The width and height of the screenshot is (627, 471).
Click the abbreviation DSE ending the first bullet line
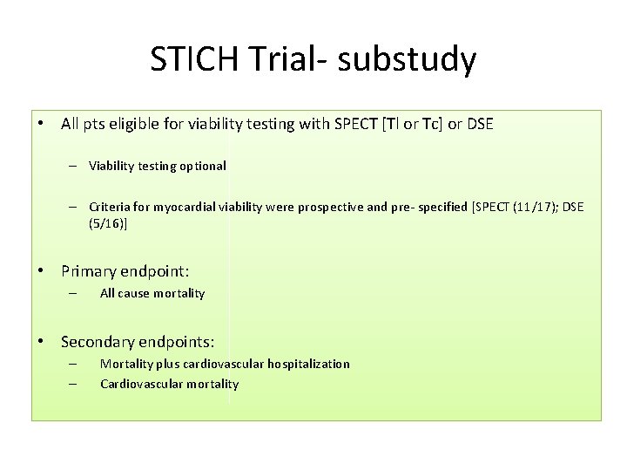480,125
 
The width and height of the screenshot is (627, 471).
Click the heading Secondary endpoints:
138,341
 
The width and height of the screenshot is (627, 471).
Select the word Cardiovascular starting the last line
139,384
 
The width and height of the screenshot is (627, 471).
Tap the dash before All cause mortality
74,294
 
